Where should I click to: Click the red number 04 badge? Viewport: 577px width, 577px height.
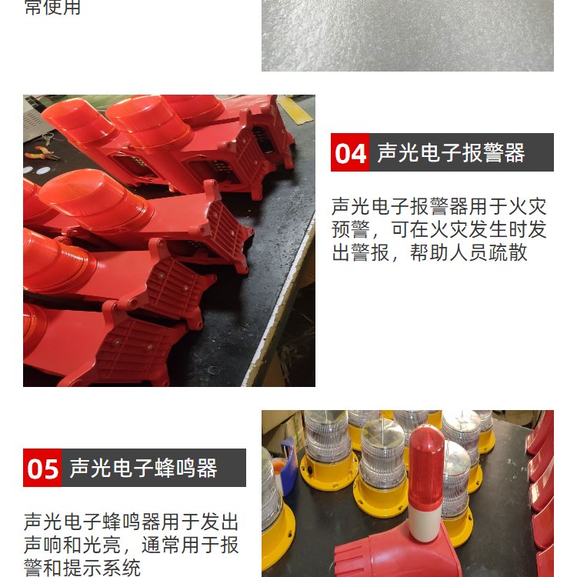[350, 152]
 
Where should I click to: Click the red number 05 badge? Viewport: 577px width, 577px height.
[42, 468]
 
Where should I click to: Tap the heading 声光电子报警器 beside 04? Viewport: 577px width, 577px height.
[451, 153]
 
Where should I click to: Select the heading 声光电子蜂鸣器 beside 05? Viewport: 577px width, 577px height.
[144, 468]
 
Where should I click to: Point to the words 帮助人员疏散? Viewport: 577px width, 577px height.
[469, 253]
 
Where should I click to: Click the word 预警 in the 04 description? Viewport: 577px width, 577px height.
[350, 229]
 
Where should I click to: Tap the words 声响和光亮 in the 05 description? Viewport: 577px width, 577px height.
[72, 545]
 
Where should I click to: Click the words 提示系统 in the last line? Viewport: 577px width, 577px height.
[102, 568]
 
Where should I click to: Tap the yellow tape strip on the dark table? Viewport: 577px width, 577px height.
[295, 109]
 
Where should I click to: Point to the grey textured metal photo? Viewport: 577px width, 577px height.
[407, 35]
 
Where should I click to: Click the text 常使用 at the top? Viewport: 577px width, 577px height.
[52, 8]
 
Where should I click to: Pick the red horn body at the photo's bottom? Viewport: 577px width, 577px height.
[395, 554]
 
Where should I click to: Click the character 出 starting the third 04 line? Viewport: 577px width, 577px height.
[341, 253]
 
